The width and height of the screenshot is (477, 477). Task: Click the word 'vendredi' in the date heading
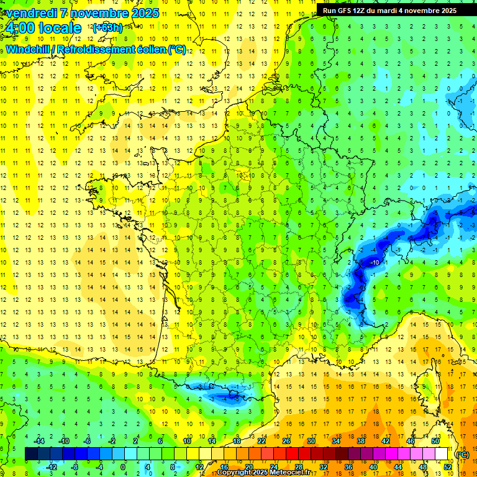[30, 13]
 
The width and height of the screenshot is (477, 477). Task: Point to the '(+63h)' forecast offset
[107, 27]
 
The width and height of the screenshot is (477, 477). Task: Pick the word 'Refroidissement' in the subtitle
[108, 49]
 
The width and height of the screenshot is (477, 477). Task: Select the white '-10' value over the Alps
[375, 263]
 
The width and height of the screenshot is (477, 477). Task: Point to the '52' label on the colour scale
[447, 466]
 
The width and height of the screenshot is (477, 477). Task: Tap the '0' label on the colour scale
[122, 466]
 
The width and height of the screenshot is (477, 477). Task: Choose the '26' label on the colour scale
[286, 441]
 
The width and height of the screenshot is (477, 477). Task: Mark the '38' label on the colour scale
[360, 441]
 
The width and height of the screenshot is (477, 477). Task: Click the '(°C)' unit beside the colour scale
[463, 455]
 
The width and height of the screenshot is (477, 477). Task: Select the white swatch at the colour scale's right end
[441, 454]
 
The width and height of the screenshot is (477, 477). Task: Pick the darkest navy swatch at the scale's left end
[31, 454]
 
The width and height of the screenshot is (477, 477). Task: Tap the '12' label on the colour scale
[199, 466]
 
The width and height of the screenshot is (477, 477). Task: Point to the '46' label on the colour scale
[410, 441]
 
